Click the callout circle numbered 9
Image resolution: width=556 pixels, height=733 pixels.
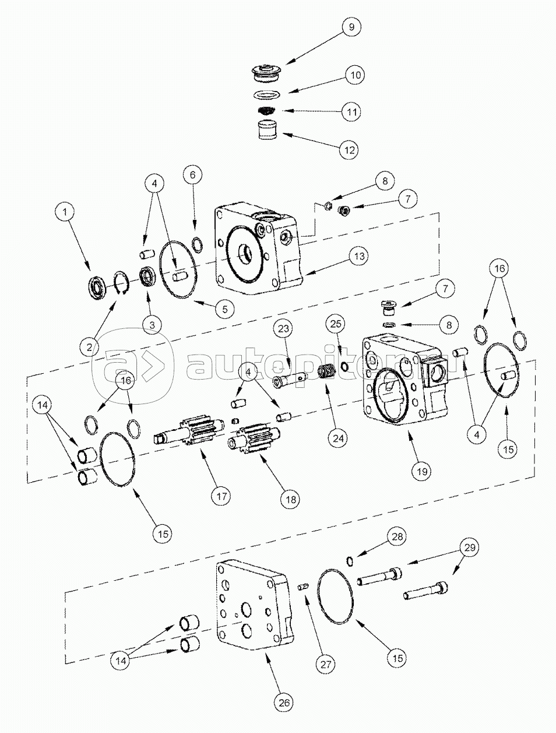tap(351, 27)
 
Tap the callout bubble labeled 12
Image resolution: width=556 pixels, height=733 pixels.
tap(349, 149)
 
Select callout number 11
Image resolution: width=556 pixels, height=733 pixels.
tap(351, 111)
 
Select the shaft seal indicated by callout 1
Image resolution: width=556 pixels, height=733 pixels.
tap(97, 287)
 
